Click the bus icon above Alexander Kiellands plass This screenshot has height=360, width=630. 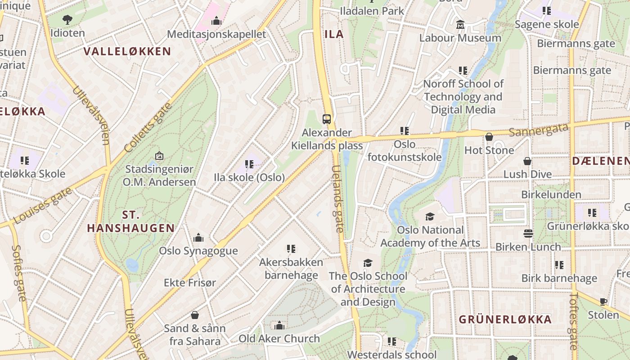point(327,119)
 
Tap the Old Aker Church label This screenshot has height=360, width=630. point(279,338)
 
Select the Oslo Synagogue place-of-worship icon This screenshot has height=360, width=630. point(198,238)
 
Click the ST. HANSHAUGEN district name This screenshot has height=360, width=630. point(130,221)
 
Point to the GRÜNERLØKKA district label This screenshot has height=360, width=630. point(505,319)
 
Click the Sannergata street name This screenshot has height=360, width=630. point(539,130)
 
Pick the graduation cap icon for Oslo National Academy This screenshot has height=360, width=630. point(430,217)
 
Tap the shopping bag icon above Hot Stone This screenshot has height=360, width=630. point(489,137)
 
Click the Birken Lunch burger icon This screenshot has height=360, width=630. point(528,234)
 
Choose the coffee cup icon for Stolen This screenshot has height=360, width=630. point(603,301)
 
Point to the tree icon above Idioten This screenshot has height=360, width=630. point(67,19)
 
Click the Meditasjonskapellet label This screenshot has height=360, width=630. point(216,34)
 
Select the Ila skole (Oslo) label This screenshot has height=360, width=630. point(249,177)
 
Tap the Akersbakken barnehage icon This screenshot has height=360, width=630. point(291,248)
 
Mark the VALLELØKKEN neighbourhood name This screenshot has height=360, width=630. point(127,51)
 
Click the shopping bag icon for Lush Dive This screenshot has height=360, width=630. point(527,161)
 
